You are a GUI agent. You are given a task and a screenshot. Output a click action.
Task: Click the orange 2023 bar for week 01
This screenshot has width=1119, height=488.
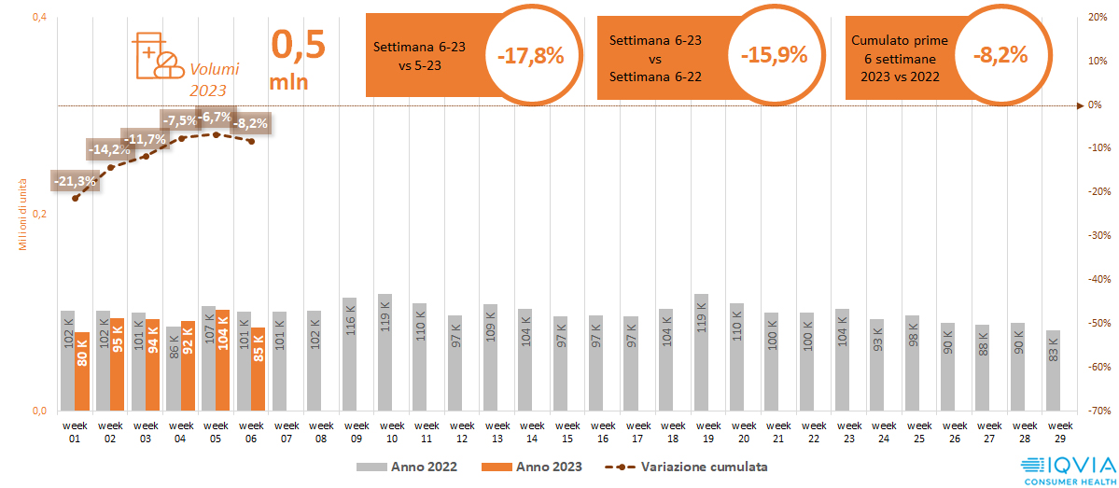pyautogui.click(x=82, y=371)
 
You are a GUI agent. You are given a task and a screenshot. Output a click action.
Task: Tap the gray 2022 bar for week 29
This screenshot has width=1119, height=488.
pyautogui.click(x=1053, y=370)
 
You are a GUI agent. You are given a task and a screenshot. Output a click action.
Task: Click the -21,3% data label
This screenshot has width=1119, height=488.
pyautogui.click(x=75, y=181)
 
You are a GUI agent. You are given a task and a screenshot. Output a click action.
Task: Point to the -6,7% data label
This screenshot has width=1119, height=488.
pyautogui.click(x=217, y=118)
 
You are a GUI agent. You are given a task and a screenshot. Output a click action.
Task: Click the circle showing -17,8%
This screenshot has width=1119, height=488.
pyautogui.click(x=531, y=56)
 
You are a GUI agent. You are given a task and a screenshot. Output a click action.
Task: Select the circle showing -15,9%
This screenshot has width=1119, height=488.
pyautogui.click(x=774, y=56)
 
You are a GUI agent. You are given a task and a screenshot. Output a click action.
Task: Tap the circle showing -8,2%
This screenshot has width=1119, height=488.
pyautogui.click(x=1000, y=56)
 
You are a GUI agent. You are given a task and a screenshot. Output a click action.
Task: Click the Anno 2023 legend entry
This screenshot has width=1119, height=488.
pyautogui.click(x=531, y=467)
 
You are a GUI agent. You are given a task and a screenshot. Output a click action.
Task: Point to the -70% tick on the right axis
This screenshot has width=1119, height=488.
pyautogui.click(x=1098, y=411)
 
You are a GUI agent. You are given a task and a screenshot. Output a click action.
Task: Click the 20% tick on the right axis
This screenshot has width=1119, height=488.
pyautogui.click(x=1098, y=18)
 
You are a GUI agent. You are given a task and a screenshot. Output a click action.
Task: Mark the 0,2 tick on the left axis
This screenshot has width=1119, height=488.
pyautogui.click(x=39, y=214)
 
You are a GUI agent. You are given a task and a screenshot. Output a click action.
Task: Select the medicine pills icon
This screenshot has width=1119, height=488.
pyautogui.click(x=158, y=56)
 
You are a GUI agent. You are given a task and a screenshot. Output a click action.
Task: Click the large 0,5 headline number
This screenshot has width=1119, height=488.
pyautogui.click(x=298, y=44)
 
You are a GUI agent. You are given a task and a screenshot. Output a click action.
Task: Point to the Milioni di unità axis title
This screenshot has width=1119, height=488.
pyautogui.click(x=23, y=214)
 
